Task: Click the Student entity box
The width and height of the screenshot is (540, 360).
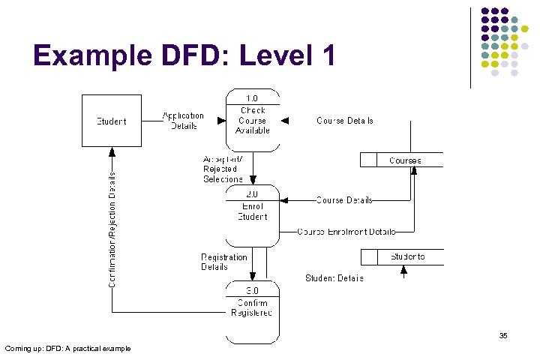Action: click(111, 121)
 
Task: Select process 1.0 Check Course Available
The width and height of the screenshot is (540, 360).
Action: click(253, 120)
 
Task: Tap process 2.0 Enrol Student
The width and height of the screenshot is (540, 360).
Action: click(253, 216)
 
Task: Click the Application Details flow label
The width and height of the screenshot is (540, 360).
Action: click(183, 121)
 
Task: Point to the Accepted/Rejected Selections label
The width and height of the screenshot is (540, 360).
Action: click(223, 169)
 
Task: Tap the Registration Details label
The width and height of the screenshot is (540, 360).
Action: click(223, 262)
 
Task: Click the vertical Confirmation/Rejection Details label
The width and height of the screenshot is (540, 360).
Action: click(112, 229)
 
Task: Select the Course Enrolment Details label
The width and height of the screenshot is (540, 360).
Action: click(346, 232)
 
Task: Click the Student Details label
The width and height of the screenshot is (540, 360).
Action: click(334, 278)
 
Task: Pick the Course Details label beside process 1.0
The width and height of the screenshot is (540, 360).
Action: click(345, 121)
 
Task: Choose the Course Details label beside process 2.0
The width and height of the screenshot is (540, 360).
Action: click(344, 200)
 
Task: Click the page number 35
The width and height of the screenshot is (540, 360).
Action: click(503, 336)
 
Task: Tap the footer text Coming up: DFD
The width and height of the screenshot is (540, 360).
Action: click(67, 348)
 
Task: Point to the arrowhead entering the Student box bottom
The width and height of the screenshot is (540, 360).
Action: click(112, 151)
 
